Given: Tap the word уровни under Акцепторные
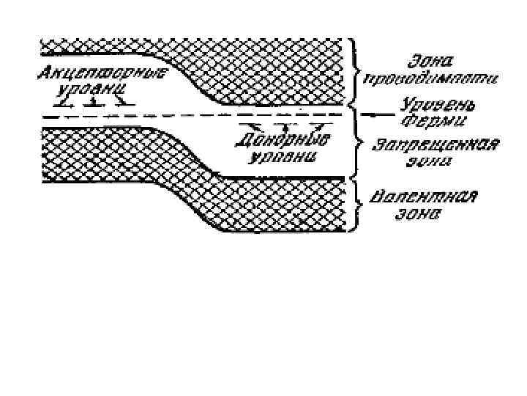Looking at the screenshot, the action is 89,91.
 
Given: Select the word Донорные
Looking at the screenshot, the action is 285,141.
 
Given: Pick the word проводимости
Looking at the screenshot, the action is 433,77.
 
